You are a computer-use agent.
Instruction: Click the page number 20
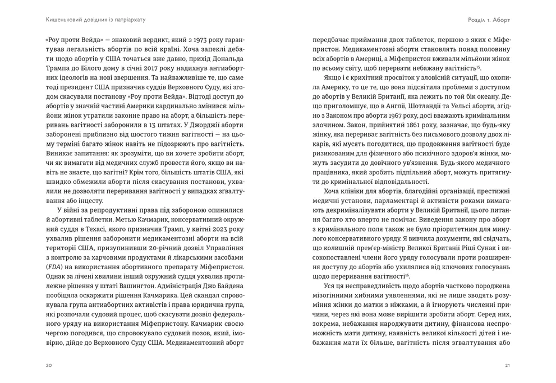pos(49,365)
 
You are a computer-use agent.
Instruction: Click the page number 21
pos(507,365)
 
